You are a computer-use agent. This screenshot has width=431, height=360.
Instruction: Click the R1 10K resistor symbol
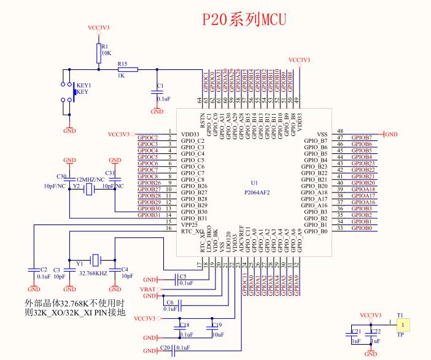[x=98, y=53]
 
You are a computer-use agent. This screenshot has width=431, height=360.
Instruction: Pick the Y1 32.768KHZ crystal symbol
[x=94, y=259]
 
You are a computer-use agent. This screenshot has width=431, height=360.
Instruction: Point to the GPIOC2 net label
[x=148, y=137]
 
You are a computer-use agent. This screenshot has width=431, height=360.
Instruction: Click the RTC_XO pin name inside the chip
[x=192, y=232]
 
